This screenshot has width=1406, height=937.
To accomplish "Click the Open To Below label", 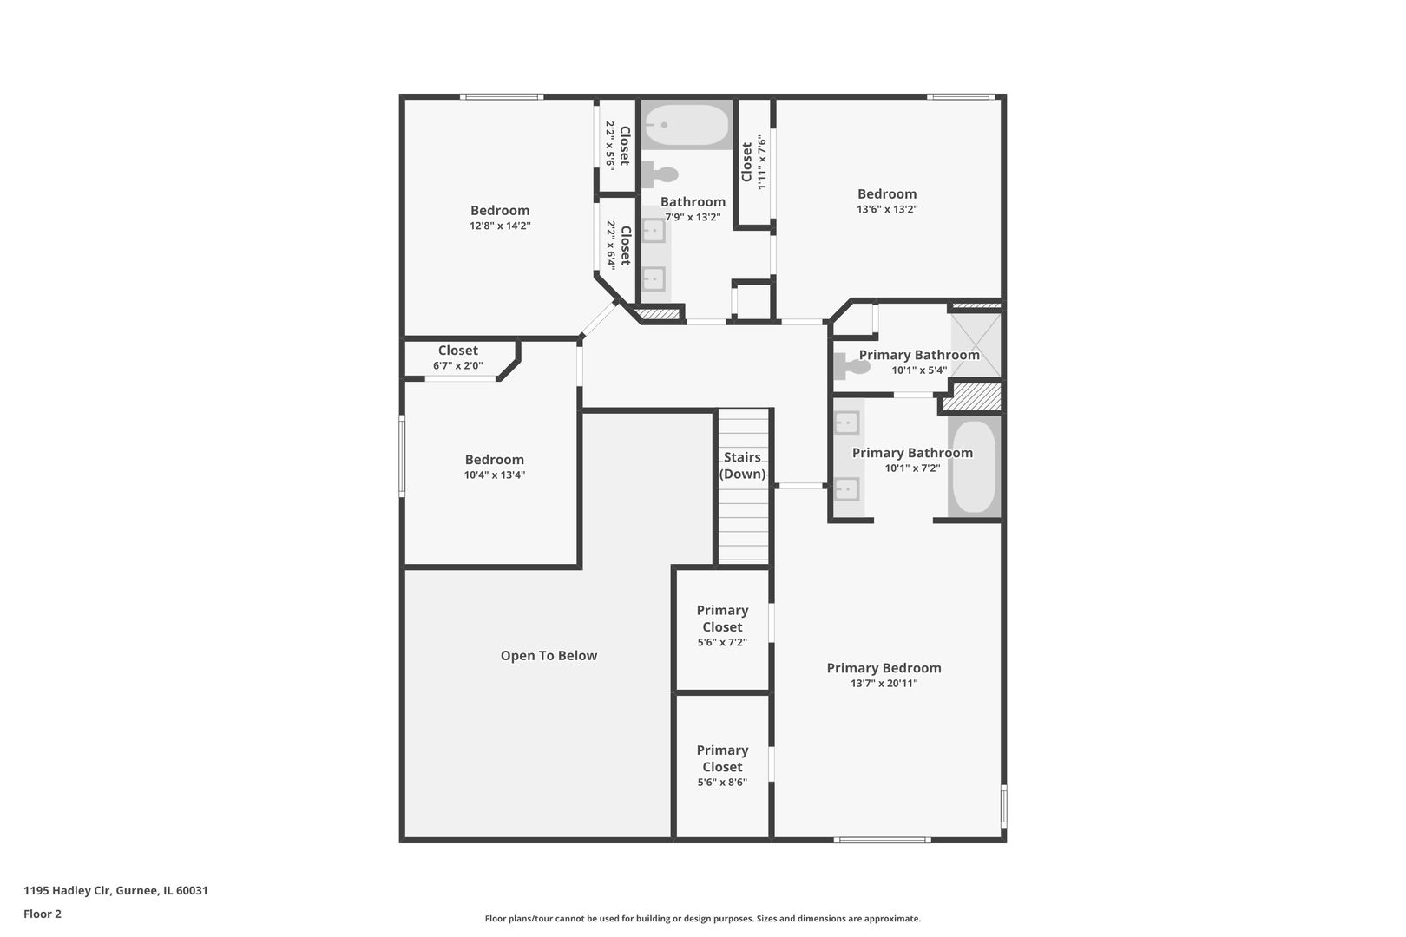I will pos(549,656).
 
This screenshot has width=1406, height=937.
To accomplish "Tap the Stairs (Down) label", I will pos(742,466).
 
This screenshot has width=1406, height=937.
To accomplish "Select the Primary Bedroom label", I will pos(884,668).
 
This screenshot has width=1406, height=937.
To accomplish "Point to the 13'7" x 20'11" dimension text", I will pos(884,684).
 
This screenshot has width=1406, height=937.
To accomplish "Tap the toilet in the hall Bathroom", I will pos(661,174).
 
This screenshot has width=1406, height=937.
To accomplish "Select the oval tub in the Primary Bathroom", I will pos(975,467).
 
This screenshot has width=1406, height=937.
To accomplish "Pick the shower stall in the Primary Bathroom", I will pos(976,345).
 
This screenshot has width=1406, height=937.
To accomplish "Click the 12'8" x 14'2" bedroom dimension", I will pos(500,226).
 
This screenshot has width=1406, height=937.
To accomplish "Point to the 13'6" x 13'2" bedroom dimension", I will pos(887,209).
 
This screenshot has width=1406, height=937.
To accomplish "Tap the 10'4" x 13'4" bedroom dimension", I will pos(495,475).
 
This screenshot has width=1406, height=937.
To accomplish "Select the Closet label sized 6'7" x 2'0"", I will pos(457,351).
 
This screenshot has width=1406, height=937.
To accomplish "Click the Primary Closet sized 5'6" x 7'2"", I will pos(722,619).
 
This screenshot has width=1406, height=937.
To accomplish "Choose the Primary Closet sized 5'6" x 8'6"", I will pos(722,758).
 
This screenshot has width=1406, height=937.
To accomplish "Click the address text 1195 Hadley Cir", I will pos(115,890).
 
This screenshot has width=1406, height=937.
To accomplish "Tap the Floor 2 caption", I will pos(43,914).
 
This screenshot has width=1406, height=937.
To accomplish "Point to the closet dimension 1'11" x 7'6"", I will pos(762,162).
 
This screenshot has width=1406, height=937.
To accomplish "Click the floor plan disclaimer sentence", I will pos(702,918).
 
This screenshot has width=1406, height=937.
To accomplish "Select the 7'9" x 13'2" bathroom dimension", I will pos(693,217).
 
